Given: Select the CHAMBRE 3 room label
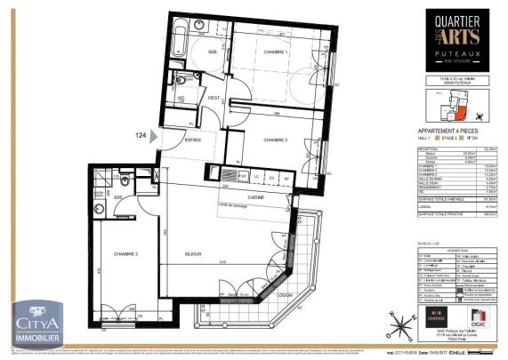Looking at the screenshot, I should point(127,253).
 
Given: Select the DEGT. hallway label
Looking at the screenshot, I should point(214,99).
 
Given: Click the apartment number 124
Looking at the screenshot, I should point(140,135).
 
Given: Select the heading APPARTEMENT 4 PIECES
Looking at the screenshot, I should point(436,129).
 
